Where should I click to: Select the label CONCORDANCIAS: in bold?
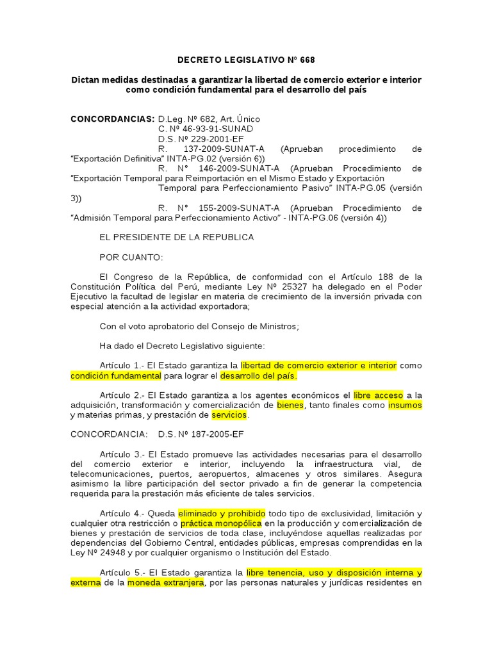[x=112, y=119]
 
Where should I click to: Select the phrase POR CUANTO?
[x=131, y=257]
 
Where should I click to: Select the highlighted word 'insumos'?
[x=405, y=406]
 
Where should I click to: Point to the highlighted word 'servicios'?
[x=229, y=415]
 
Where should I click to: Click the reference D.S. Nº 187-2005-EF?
[x=201, y=434]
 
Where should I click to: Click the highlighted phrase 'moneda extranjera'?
[x=165, y=582]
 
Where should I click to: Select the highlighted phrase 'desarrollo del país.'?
[x=259, y=375]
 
